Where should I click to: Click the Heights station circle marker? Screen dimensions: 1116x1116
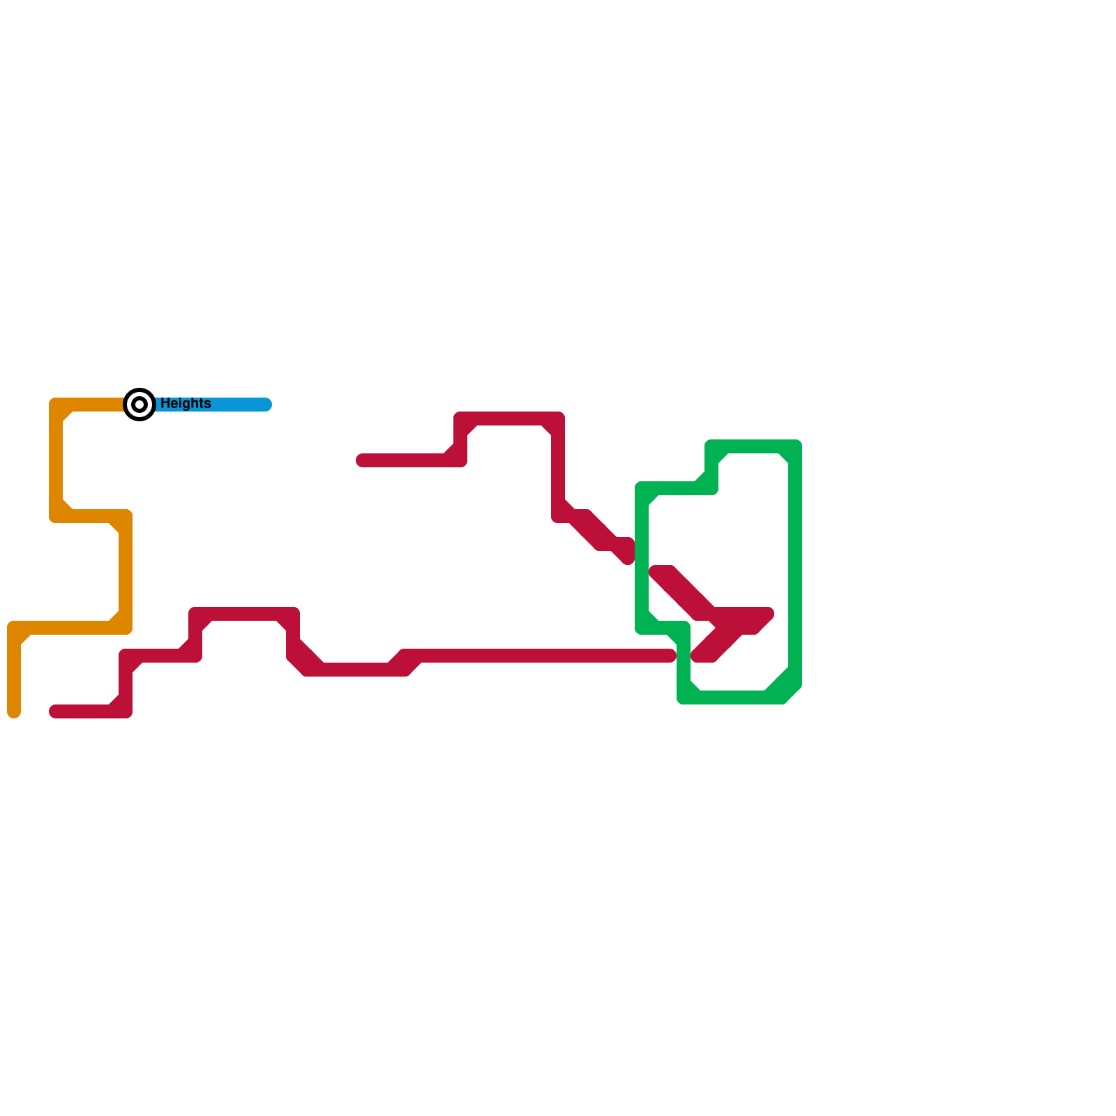point(139,405)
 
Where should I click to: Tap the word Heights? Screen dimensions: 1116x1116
point(186,404)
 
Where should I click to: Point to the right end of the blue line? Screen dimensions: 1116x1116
point(266,405)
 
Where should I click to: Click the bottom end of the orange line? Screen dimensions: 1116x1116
point(14,712)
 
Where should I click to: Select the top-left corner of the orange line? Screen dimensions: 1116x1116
point(56,405)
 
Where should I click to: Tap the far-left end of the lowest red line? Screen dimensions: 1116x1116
point(55,711)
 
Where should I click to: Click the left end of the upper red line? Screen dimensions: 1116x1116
point(361,460)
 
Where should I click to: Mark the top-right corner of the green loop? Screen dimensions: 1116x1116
point(795,446)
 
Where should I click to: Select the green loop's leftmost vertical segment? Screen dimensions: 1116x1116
point(642,558)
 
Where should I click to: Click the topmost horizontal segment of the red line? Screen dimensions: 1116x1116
point(509,418)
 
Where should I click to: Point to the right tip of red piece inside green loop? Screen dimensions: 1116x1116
point(769,614)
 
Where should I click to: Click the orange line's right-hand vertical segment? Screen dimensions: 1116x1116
point(126,572)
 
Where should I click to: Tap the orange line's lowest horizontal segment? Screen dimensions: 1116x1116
point(70,628)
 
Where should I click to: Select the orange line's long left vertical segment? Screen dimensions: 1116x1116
point(56,460)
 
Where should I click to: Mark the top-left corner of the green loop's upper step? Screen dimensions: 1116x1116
point(711,446)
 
